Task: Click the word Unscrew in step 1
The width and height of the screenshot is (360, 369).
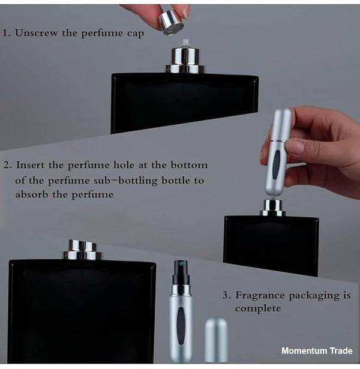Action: (36, 33)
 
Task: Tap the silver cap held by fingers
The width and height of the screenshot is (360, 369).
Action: (172, 23)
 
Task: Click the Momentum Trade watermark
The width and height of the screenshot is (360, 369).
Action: (317, 351)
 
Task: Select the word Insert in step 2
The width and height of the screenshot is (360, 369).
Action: (30, 165)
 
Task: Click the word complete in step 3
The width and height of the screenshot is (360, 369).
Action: (258, 309)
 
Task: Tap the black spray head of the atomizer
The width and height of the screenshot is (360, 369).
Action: (181, 272)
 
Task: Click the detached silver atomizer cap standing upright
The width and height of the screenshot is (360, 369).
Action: (216, 340)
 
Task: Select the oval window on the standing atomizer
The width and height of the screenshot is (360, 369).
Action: (181, 325)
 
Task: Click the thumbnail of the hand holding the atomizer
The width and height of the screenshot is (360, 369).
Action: (296, 146)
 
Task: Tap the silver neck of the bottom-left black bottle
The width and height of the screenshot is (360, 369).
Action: (82, 250)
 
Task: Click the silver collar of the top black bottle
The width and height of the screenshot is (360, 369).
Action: (185, 60)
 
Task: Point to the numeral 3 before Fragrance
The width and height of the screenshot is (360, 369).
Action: (226, 295)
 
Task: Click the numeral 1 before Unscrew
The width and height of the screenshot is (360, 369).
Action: (5, 33)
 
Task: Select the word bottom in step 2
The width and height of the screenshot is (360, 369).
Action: (189, 165)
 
